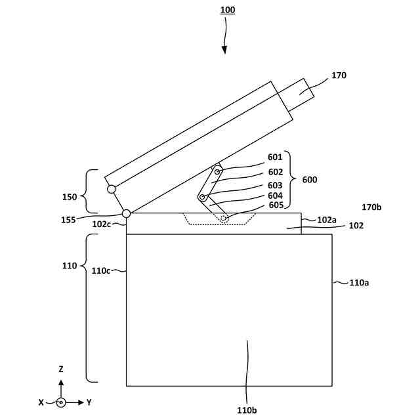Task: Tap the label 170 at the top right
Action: pyautogui.click(x=339, y=75)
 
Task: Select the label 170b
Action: pyautogui.click(x=372, y=207)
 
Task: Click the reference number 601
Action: pyautogui.click(x=275, y=157)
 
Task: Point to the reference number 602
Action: pyautogui.click(x=275, y=172)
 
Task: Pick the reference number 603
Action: pyautogui.click(x=275, y=186)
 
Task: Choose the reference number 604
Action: pyautogui.click(x=275, y=195)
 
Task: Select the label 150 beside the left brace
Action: pyautogui.click(x=69, y=196)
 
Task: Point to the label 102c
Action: pyautogui.click(x=101, y=224)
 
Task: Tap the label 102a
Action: pyautogui.click(x=327, y=220)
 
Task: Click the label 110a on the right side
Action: pyautogui.click(x=359, y=283)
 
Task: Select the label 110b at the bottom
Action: pyautogui.click(x=247, y=410)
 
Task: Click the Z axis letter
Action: pyautogui.click(x=61, y=369)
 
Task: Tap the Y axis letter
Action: pyautogui.click(x=89, y=402)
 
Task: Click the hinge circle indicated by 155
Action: pyautogui.click(x=126, y=213)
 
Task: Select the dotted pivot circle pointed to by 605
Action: pyautogui.click(x=224, y=218)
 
